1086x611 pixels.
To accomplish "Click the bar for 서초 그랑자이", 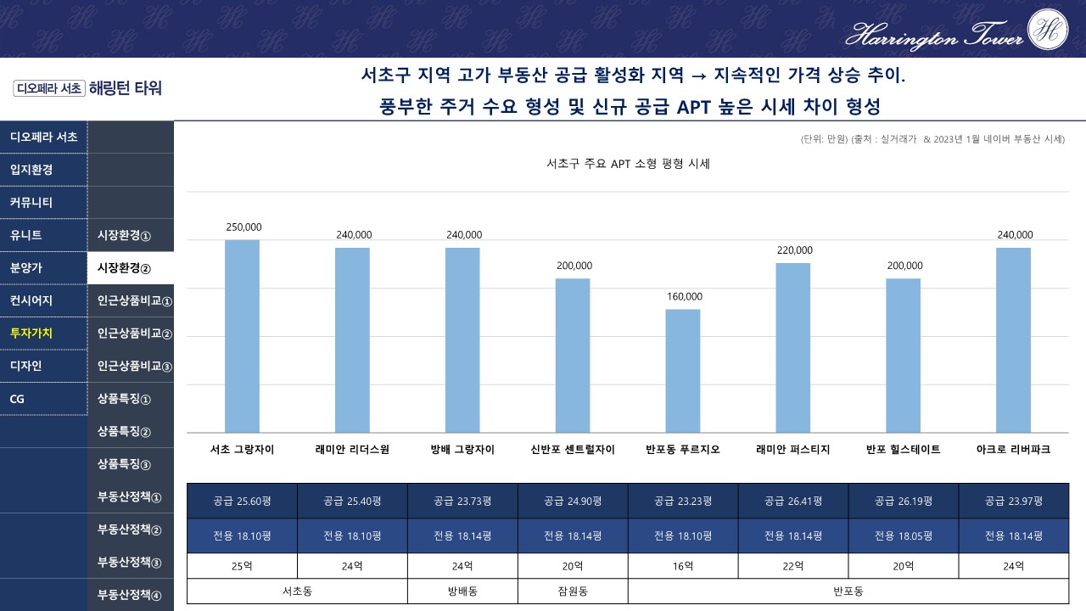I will coord(242,336).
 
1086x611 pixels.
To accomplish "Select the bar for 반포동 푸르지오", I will coord(683,371).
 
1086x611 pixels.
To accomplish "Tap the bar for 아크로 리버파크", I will coord(1013,339).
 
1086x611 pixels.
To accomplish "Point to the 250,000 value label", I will coord(244,227).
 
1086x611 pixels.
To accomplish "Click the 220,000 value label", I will coord(794,250).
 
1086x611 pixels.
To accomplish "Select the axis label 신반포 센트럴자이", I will coord(573,450).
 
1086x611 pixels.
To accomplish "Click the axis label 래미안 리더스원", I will coord(352,450).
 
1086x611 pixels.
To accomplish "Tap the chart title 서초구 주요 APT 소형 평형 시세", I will coord(628,164).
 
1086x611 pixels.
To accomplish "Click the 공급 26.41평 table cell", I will coord(793,501).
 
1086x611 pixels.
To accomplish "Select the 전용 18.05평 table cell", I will coord(904,535).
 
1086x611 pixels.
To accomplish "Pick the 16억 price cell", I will coord(683,566).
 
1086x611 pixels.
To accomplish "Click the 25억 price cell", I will coord(242,566).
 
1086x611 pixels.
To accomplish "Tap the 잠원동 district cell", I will coord(573,591).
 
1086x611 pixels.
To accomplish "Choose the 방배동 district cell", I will coord(462,591).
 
